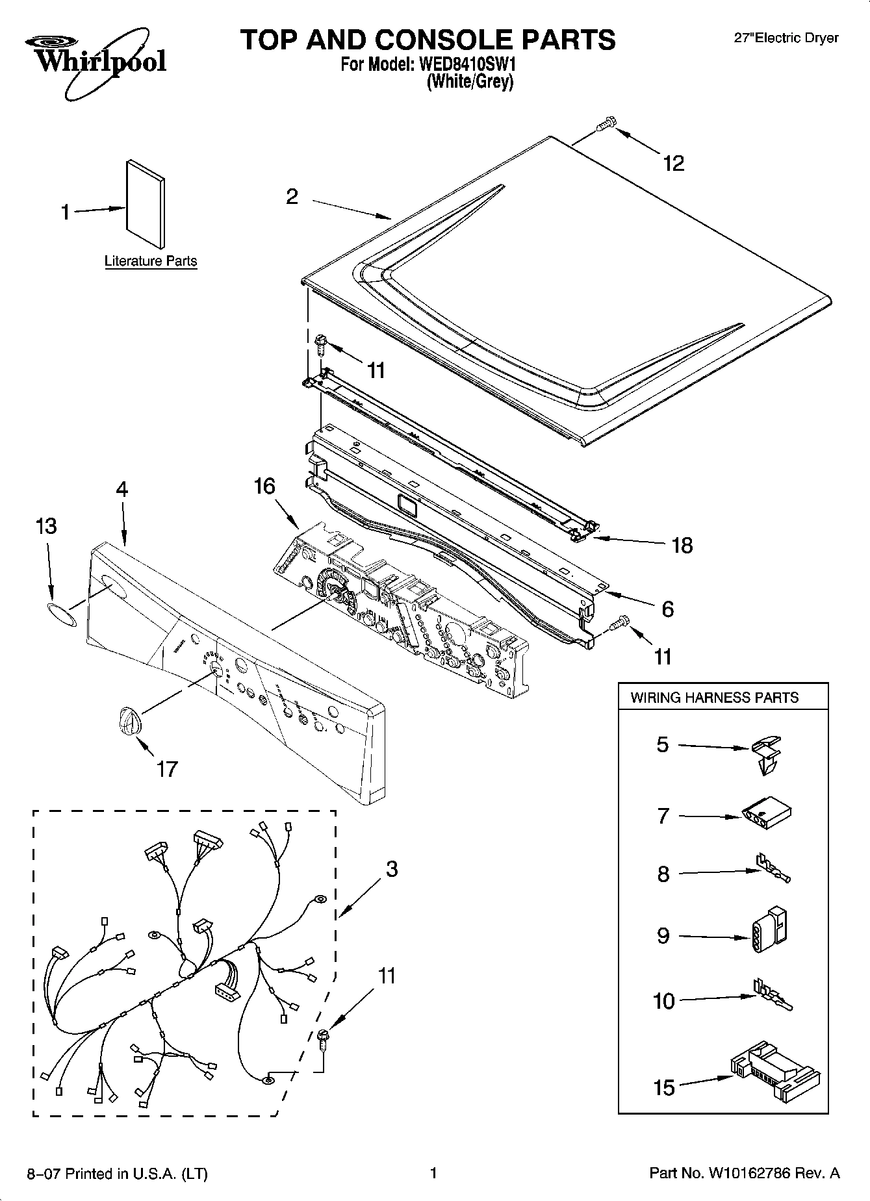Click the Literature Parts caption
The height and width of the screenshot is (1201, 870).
(x=151, y=261)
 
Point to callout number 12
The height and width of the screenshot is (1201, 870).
(x=674, y=163)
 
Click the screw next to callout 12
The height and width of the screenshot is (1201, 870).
(x=606, y=124)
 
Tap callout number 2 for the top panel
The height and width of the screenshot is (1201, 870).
(x=292, y=196)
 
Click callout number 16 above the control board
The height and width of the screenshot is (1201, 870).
(x=264, y=486)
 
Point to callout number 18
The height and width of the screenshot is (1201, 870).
(x=682, y=545)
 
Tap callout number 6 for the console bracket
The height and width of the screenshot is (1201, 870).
(x=667, y=609)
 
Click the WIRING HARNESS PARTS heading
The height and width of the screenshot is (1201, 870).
(x=714, y=698)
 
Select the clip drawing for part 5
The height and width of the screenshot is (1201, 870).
(x=767, y=753)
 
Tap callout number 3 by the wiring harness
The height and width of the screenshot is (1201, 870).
(x=391, y=869)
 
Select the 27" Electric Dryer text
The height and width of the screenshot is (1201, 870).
(x=786, y=38)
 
